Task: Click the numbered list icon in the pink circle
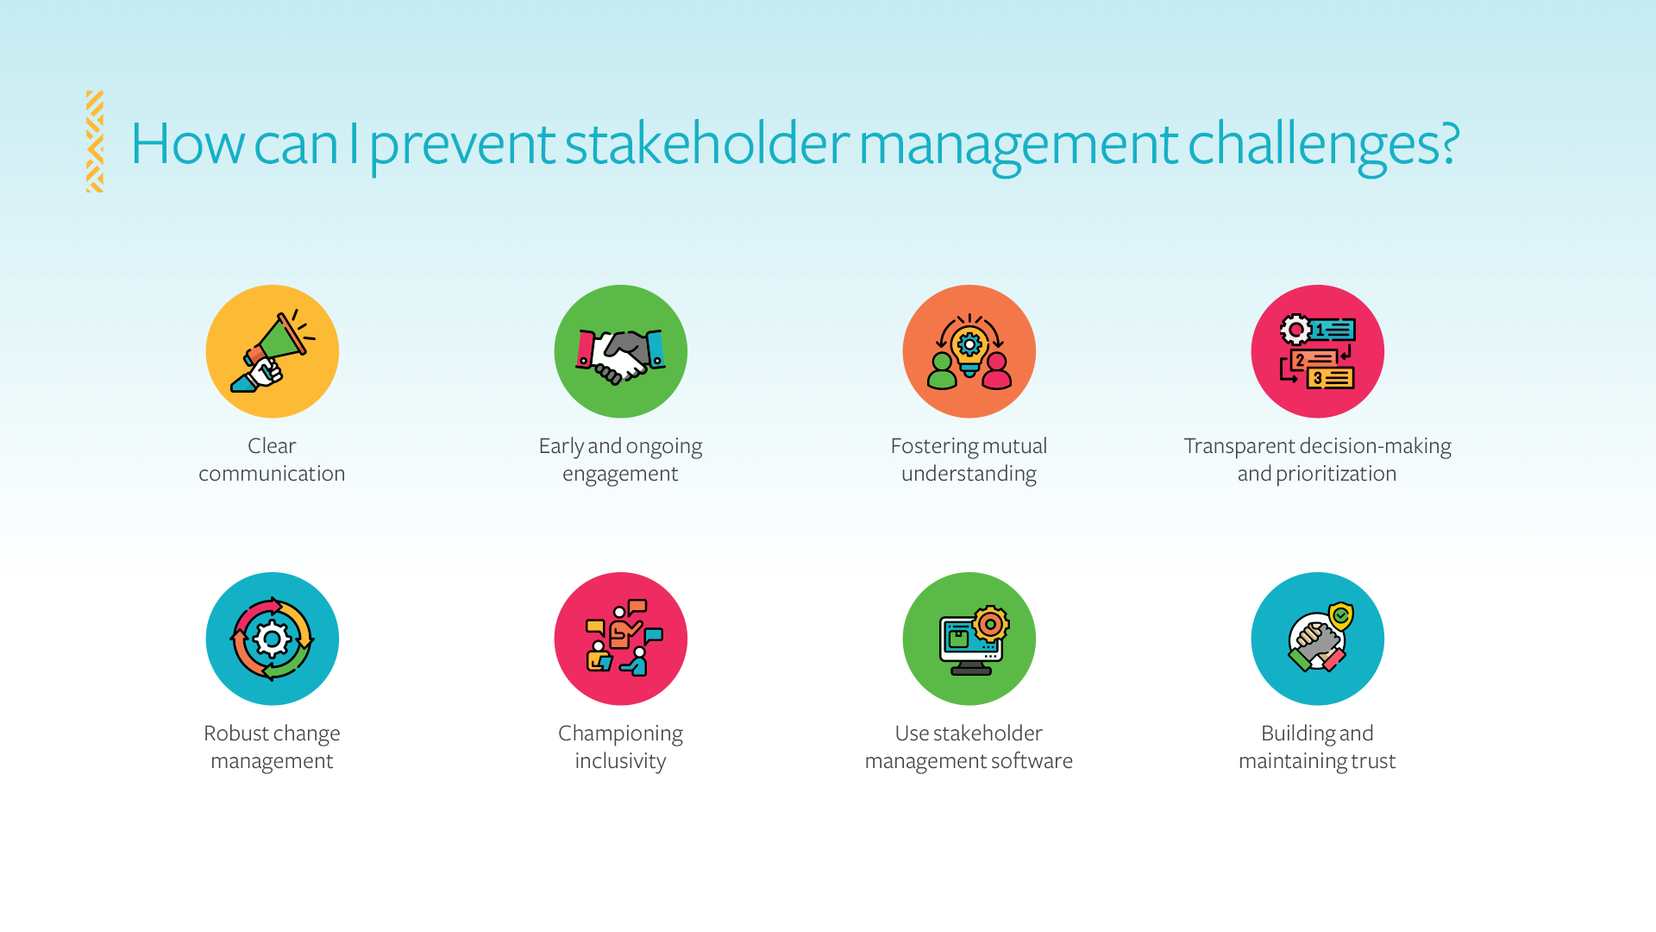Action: [1318, 352]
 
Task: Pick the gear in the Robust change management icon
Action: [273, 639]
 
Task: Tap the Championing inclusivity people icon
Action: [621, 639]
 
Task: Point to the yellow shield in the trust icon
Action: [1341, 616]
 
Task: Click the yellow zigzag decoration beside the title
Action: [95, 142]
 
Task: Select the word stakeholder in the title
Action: [706, 143]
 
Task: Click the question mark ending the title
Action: [1450, 143]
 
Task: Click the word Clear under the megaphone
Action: [272, 446]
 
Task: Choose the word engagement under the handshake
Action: [620, 474]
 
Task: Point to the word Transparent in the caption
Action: [1239, 446]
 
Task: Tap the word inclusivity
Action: [620, 761]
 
